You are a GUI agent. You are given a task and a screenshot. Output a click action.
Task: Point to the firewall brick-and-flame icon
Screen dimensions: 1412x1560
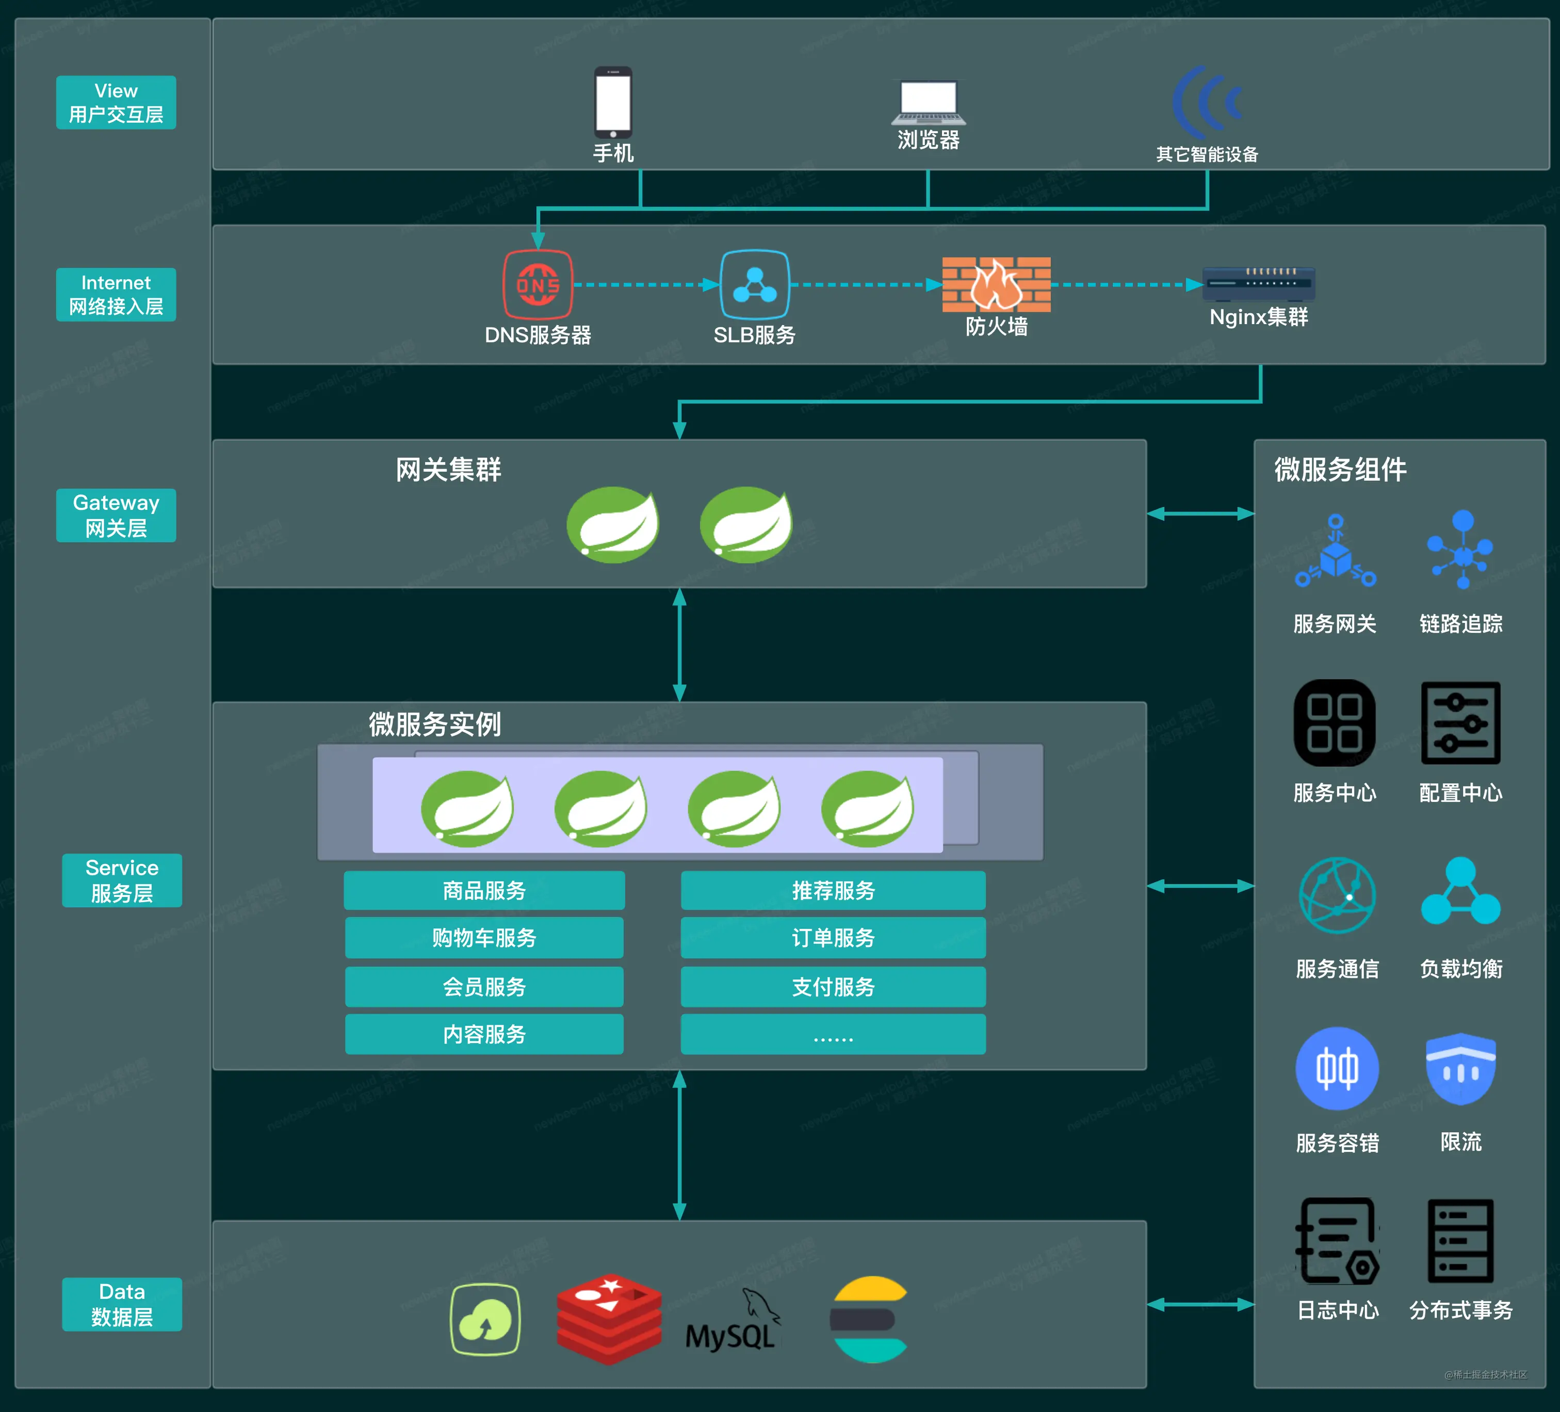pos(996,284)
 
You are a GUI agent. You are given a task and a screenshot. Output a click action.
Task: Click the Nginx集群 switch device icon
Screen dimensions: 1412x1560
pos(1258,283)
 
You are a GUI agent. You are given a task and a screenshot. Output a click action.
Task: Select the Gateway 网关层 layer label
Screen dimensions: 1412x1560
pos(116,515)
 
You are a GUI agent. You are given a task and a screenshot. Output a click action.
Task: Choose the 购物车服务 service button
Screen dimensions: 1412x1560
pos(484,937)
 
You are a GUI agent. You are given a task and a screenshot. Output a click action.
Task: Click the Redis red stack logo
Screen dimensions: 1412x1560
pos(609,1318)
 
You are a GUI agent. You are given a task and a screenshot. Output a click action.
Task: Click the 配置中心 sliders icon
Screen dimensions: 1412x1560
pos(1460,723)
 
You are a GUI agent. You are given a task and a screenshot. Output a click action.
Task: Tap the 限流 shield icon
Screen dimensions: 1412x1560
pos(1460,1068)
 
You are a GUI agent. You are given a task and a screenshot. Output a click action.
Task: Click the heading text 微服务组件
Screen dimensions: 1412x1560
pos(1340,469)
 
